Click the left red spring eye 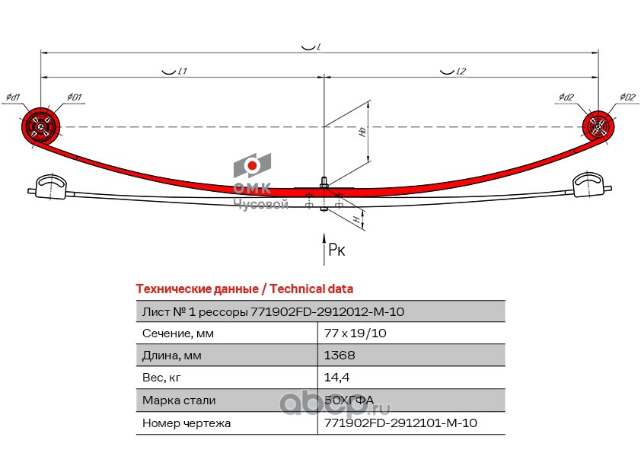[x=40, y=126]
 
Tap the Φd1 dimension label [x=13, y=97]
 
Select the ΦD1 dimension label [x=74, y=97]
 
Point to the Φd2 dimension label [x=565, y=97]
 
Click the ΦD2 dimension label [x=627, y=97]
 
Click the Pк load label [x=336, y=249]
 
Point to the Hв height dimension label [x=363, y=131]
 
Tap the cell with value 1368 [x=340, y=355]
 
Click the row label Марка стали [x=179, y=400]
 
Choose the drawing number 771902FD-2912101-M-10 [x=400, y=423]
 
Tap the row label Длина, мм [x=174, y=355]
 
